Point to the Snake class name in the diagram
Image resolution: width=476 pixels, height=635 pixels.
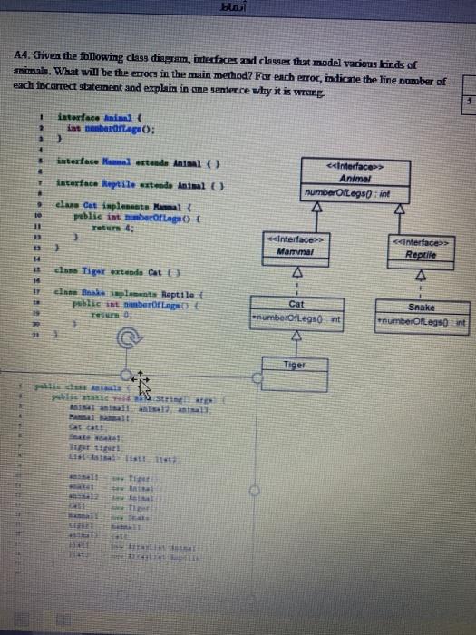422,308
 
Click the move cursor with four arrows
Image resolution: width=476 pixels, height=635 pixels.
141,378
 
